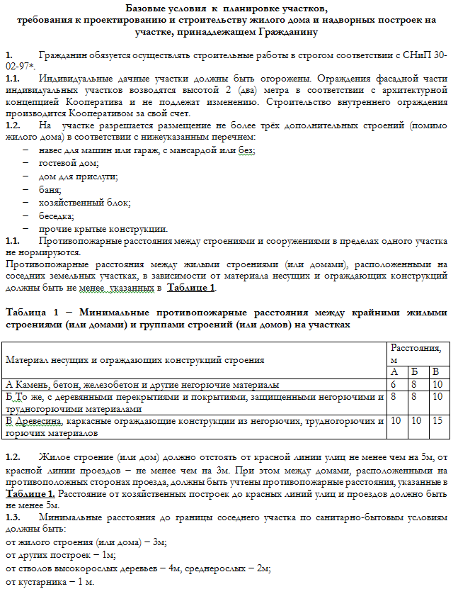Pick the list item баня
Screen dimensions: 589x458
50,190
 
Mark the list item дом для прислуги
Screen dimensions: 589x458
78,176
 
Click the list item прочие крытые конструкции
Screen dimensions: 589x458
103,228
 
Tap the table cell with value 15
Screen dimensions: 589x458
439,421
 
